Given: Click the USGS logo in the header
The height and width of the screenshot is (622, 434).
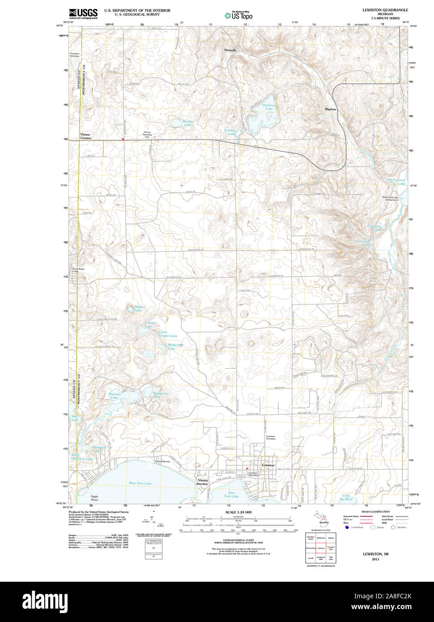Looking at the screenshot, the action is [x=83, y=13].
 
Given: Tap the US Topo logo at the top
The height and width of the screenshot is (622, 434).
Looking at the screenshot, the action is [x=239, y=15].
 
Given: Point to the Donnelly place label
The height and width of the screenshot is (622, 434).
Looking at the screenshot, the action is [x=230, y=50].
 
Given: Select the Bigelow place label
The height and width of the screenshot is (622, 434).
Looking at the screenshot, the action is [x=331, y=109].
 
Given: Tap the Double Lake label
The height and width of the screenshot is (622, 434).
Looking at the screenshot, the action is [x=188, y=123].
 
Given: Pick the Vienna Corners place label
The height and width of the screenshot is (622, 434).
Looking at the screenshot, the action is [x=85, y=136].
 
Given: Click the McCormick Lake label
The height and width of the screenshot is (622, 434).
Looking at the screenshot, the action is [x=397, y=182].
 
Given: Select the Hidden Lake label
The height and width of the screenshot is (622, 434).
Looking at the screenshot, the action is [x=139, y=309].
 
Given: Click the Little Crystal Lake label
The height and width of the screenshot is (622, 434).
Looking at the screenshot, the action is [x=168, y=334].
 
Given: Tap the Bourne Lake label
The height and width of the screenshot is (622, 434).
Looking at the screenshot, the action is [x=115, y=396].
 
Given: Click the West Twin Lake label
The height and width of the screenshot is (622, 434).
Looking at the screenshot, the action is [x=140, y=483].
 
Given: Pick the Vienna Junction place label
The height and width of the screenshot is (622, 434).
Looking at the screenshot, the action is [x=202, y=482].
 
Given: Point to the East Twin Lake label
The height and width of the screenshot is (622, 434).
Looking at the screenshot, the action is [x=231, y=494].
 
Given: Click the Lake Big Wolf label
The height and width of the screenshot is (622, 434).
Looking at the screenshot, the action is [x=346, y=497].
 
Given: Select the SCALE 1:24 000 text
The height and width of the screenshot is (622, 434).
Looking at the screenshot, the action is [x=238, y=512].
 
